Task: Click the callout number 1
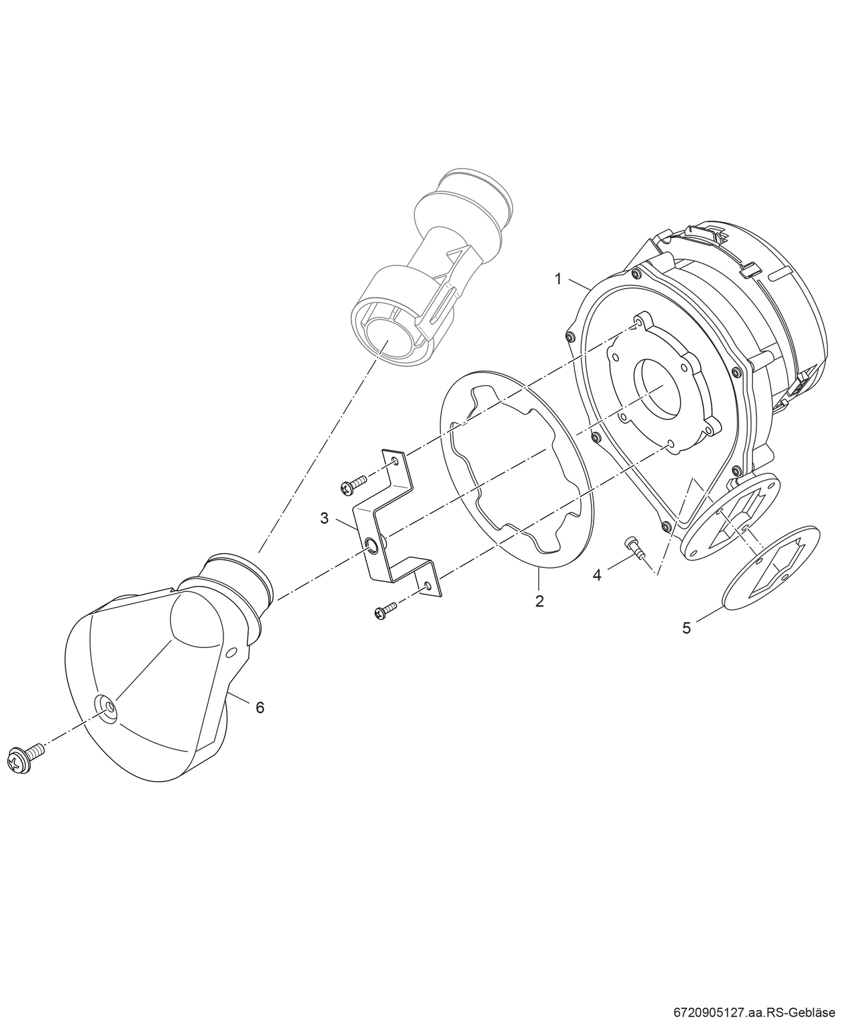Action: tap(559, 279)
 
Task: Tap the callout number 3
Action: tap(325, 518)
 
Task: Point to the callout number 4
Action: tap(598, 573)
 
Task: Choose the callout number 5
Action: tap(687, 627)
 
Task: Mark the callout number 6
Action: tap(260, 707)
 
